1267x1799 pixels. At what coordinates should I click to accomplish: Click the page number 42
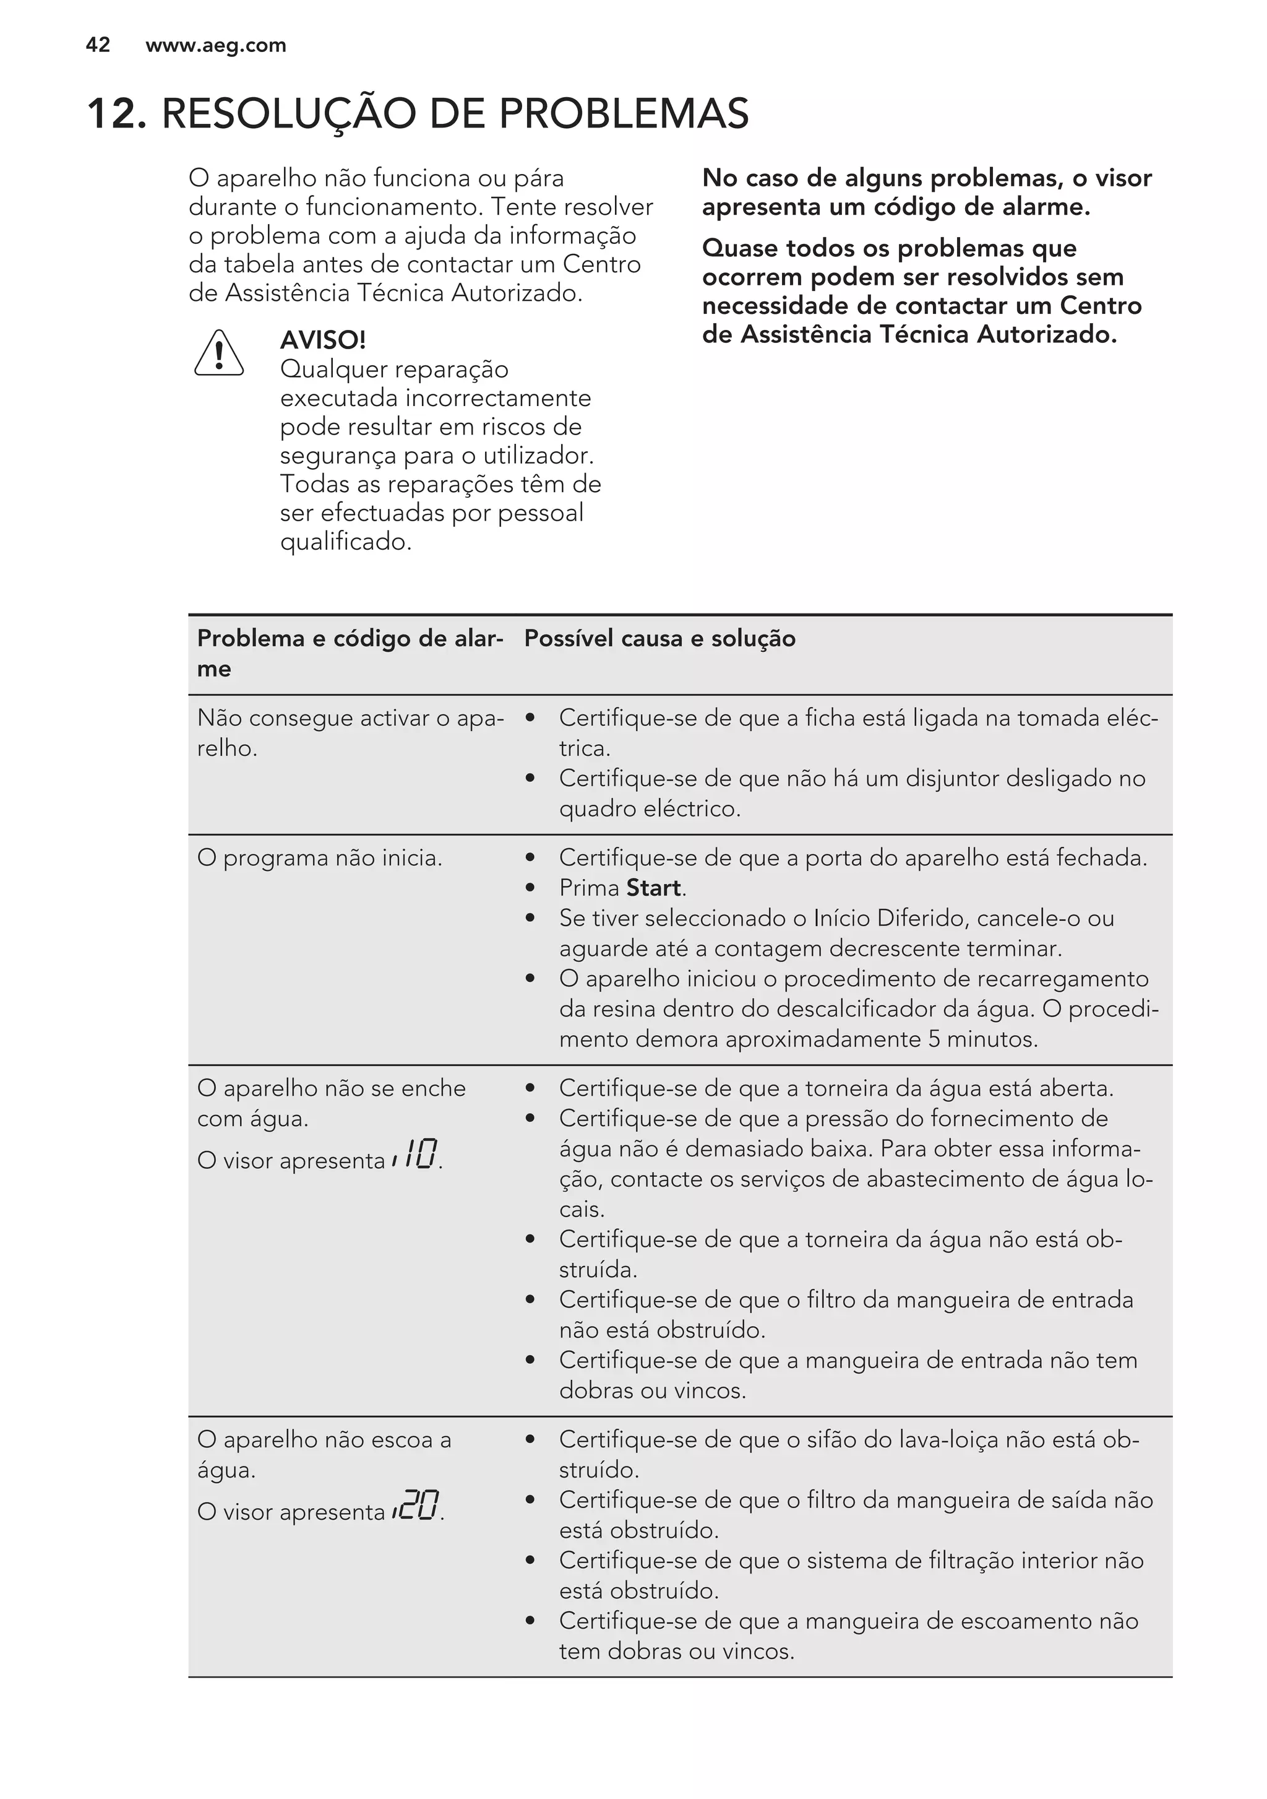98,45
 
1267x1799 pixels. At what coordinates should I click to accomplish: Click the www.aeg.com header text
215,45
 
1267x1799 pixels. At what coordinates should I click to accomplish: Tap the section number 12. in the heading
116,114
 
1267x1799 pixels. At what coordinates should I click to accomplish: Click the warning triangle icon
218,354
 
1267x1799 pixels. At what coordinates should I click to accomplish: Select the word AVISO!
322,340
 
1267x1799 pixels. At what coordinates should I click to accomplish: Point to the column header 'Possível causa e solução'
659,639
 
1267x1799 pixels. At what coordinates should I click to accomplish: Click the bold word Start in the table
654,888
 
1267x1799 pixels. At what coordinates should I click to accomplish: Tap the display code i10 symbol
416,1155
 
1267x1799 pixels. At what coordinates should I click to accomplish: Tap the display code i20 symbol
416,1506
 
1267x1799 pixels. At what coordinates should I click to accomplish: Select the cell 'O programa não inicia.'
319,858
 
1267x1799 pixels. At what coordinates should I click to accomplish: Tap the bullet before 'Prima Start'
530,888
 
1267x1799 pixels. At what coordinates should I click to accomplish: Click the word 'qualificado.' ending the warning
345,542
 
